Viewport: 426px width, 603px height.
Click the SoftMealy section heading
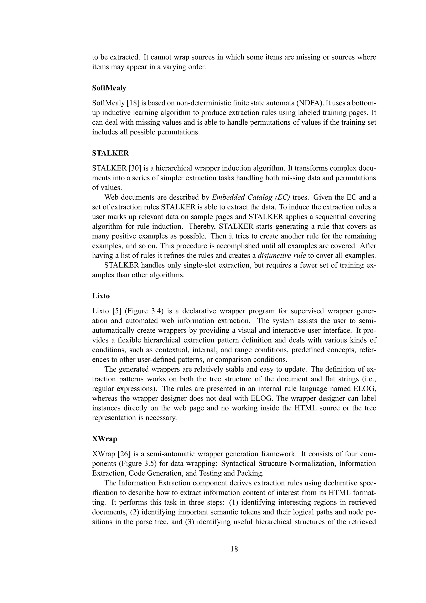pyautogui.click(x=109, y=88)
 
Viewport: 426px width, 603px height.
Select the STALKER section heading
pyautogui.click(x=110, y=153)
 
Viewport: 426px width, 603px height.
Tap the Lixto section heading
pyautogui.click(x=101, y=296)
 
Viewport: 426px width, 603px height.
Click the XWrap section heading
pyautogui.click(x=104, y=439)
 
